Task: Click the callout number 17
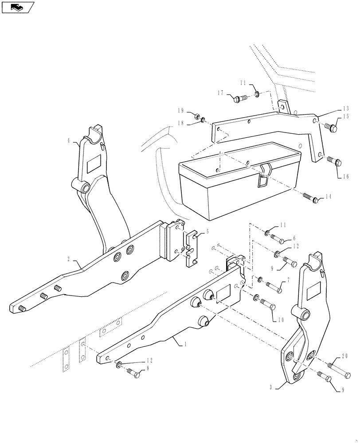pyautogui.click(x=220, y=93)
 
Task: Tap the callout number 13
pyautogui.click(x=346, y=109)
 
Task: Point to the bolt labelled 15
pyautogui.click(x=331, y=128)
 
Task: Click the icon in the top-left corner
pyautogui.click(x=18, y=7)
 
